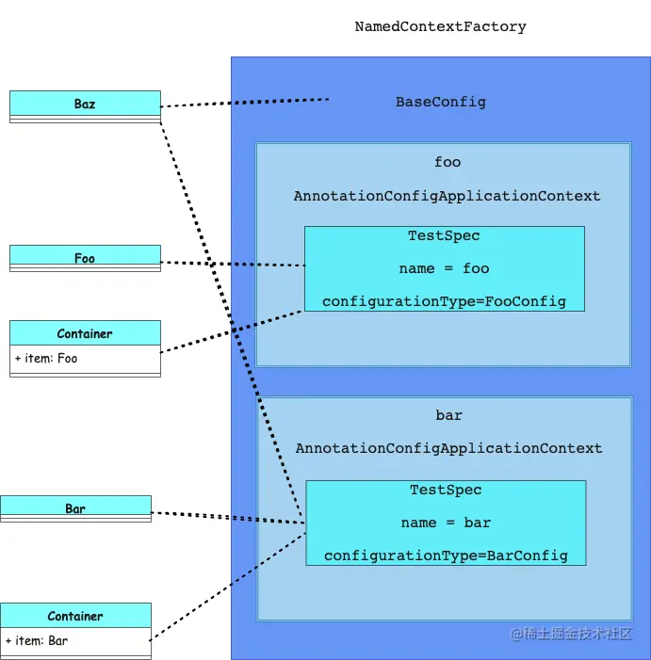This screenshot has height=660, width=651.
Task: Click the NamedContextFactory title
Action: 440,27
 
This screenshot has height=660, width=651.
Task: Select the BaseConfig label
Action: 440,102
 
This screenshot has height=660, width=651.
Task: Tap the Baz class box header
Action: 85,104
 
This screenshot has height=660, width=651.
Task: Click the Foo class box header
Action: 85,257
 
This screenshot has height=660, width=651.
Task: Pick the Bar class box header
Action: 75,508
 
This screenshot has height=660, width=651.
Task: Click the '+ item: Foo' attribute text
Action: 46,359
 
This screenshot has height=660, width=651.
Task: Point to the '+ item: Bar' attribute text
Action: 37,641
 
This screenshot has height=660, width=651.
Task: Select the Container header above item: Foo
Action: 85,333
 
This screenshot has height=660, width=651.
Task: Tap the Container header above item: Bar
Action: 75,616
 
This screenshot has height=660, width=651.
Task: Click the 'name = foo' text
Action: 444,268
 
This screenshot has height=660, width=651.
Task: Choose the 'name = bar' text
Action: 446,523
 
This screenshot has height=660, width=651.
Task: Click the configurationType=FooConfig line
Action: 444,301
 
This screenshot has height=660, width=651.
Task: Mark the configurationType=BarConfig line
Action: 446,555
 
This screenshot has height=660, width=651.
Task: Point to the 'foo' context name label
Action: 448,162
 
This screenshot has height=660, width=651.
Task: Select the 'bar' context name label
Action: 448,415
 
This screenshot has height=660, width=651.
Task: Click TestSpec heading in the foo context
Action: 444,235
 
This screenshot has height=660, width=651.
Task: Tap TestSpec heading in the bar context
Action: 446,490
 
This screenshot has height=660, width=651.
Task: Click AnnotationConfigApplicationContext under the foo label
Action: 447,196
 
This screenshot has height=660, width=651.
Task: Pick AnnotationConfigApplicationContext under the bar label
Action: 448,448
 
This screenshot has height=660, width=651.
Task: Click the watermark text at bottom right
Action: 571,634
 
